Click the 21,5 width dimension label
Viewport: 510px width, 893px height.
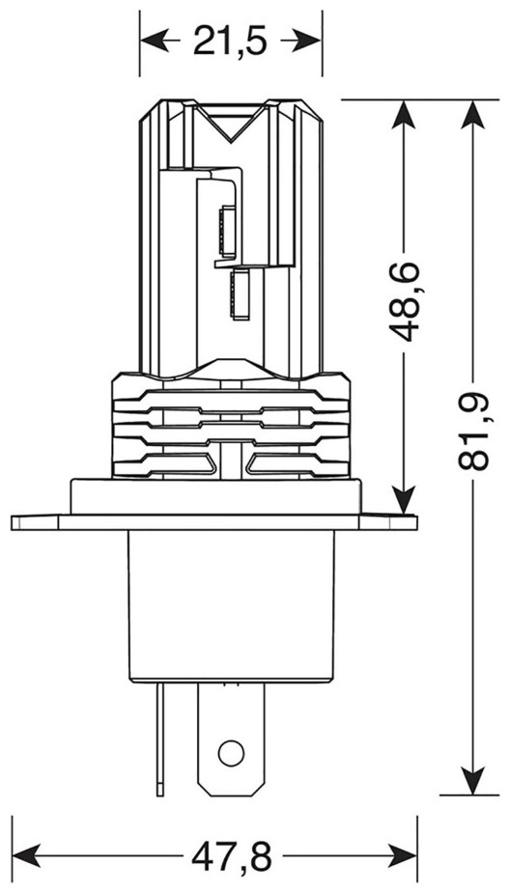click(230, 41)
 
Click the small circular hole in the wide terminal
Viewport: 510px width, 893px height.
click(231, 753)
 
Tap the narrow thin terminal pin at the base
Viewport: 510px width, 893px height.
click(160, 740)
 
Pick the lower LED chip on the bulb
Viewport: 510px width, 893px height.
click(239, 293)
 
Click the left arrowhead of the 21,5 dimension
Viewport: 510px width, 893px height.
click(153, 41)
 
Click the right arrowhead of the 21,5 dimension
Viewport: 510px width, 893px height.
click(309, 41)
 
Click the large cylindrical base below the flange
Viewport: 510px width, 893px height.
click(231, 606)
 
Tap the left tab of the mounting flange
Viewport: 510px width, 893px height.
click(35, 522)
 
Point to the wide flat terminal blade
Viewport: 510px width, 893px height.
click(231, 740)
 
